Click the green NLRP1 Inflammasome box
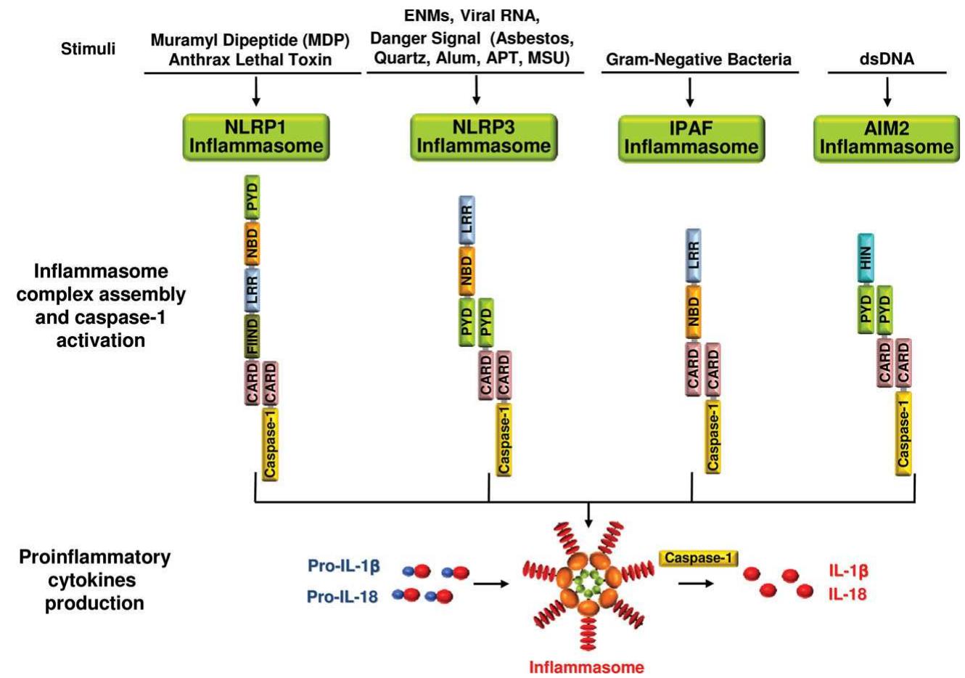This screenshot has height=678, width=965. coord(256,136)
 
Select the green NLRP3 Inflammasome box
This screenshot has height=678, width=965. coord(483,136)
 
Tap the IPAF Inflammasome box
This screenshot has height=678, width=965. coord(691,138)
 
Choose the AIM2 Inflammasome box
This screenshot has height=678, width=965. coord(886,138)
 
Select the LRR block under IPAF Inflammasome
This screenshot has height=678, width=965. coord(693,256)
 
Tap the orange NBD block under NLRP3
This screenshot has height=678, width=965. coord(466,271)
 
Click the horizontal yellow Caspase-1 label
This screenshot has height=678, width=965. coord(699,558)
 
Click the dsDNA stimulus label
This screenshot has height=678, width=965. coord(887,60)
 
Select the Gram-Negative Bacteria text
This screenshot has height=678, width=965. coord(699,60)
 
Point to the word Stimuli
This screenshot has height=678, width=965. coord(88,49)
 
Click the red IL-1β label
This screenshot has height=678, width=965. coord(848,571)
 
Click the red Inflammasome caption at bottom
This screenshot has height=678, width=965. coord(586,666)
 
